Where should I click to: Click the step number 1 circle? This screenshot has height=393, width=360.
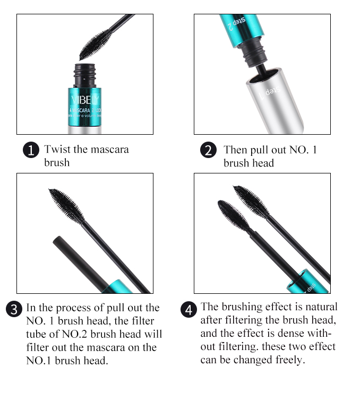point(31,150)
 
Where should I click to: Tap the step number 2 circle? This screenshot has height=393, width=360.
point(208,150)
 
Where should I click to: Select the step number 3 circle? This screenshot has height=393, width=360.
point(14,309)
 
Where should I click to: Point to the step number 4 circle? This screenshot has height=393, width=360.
point(188,309)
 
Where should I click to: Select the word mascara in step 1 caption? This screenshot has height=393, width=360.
point(109,149)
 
